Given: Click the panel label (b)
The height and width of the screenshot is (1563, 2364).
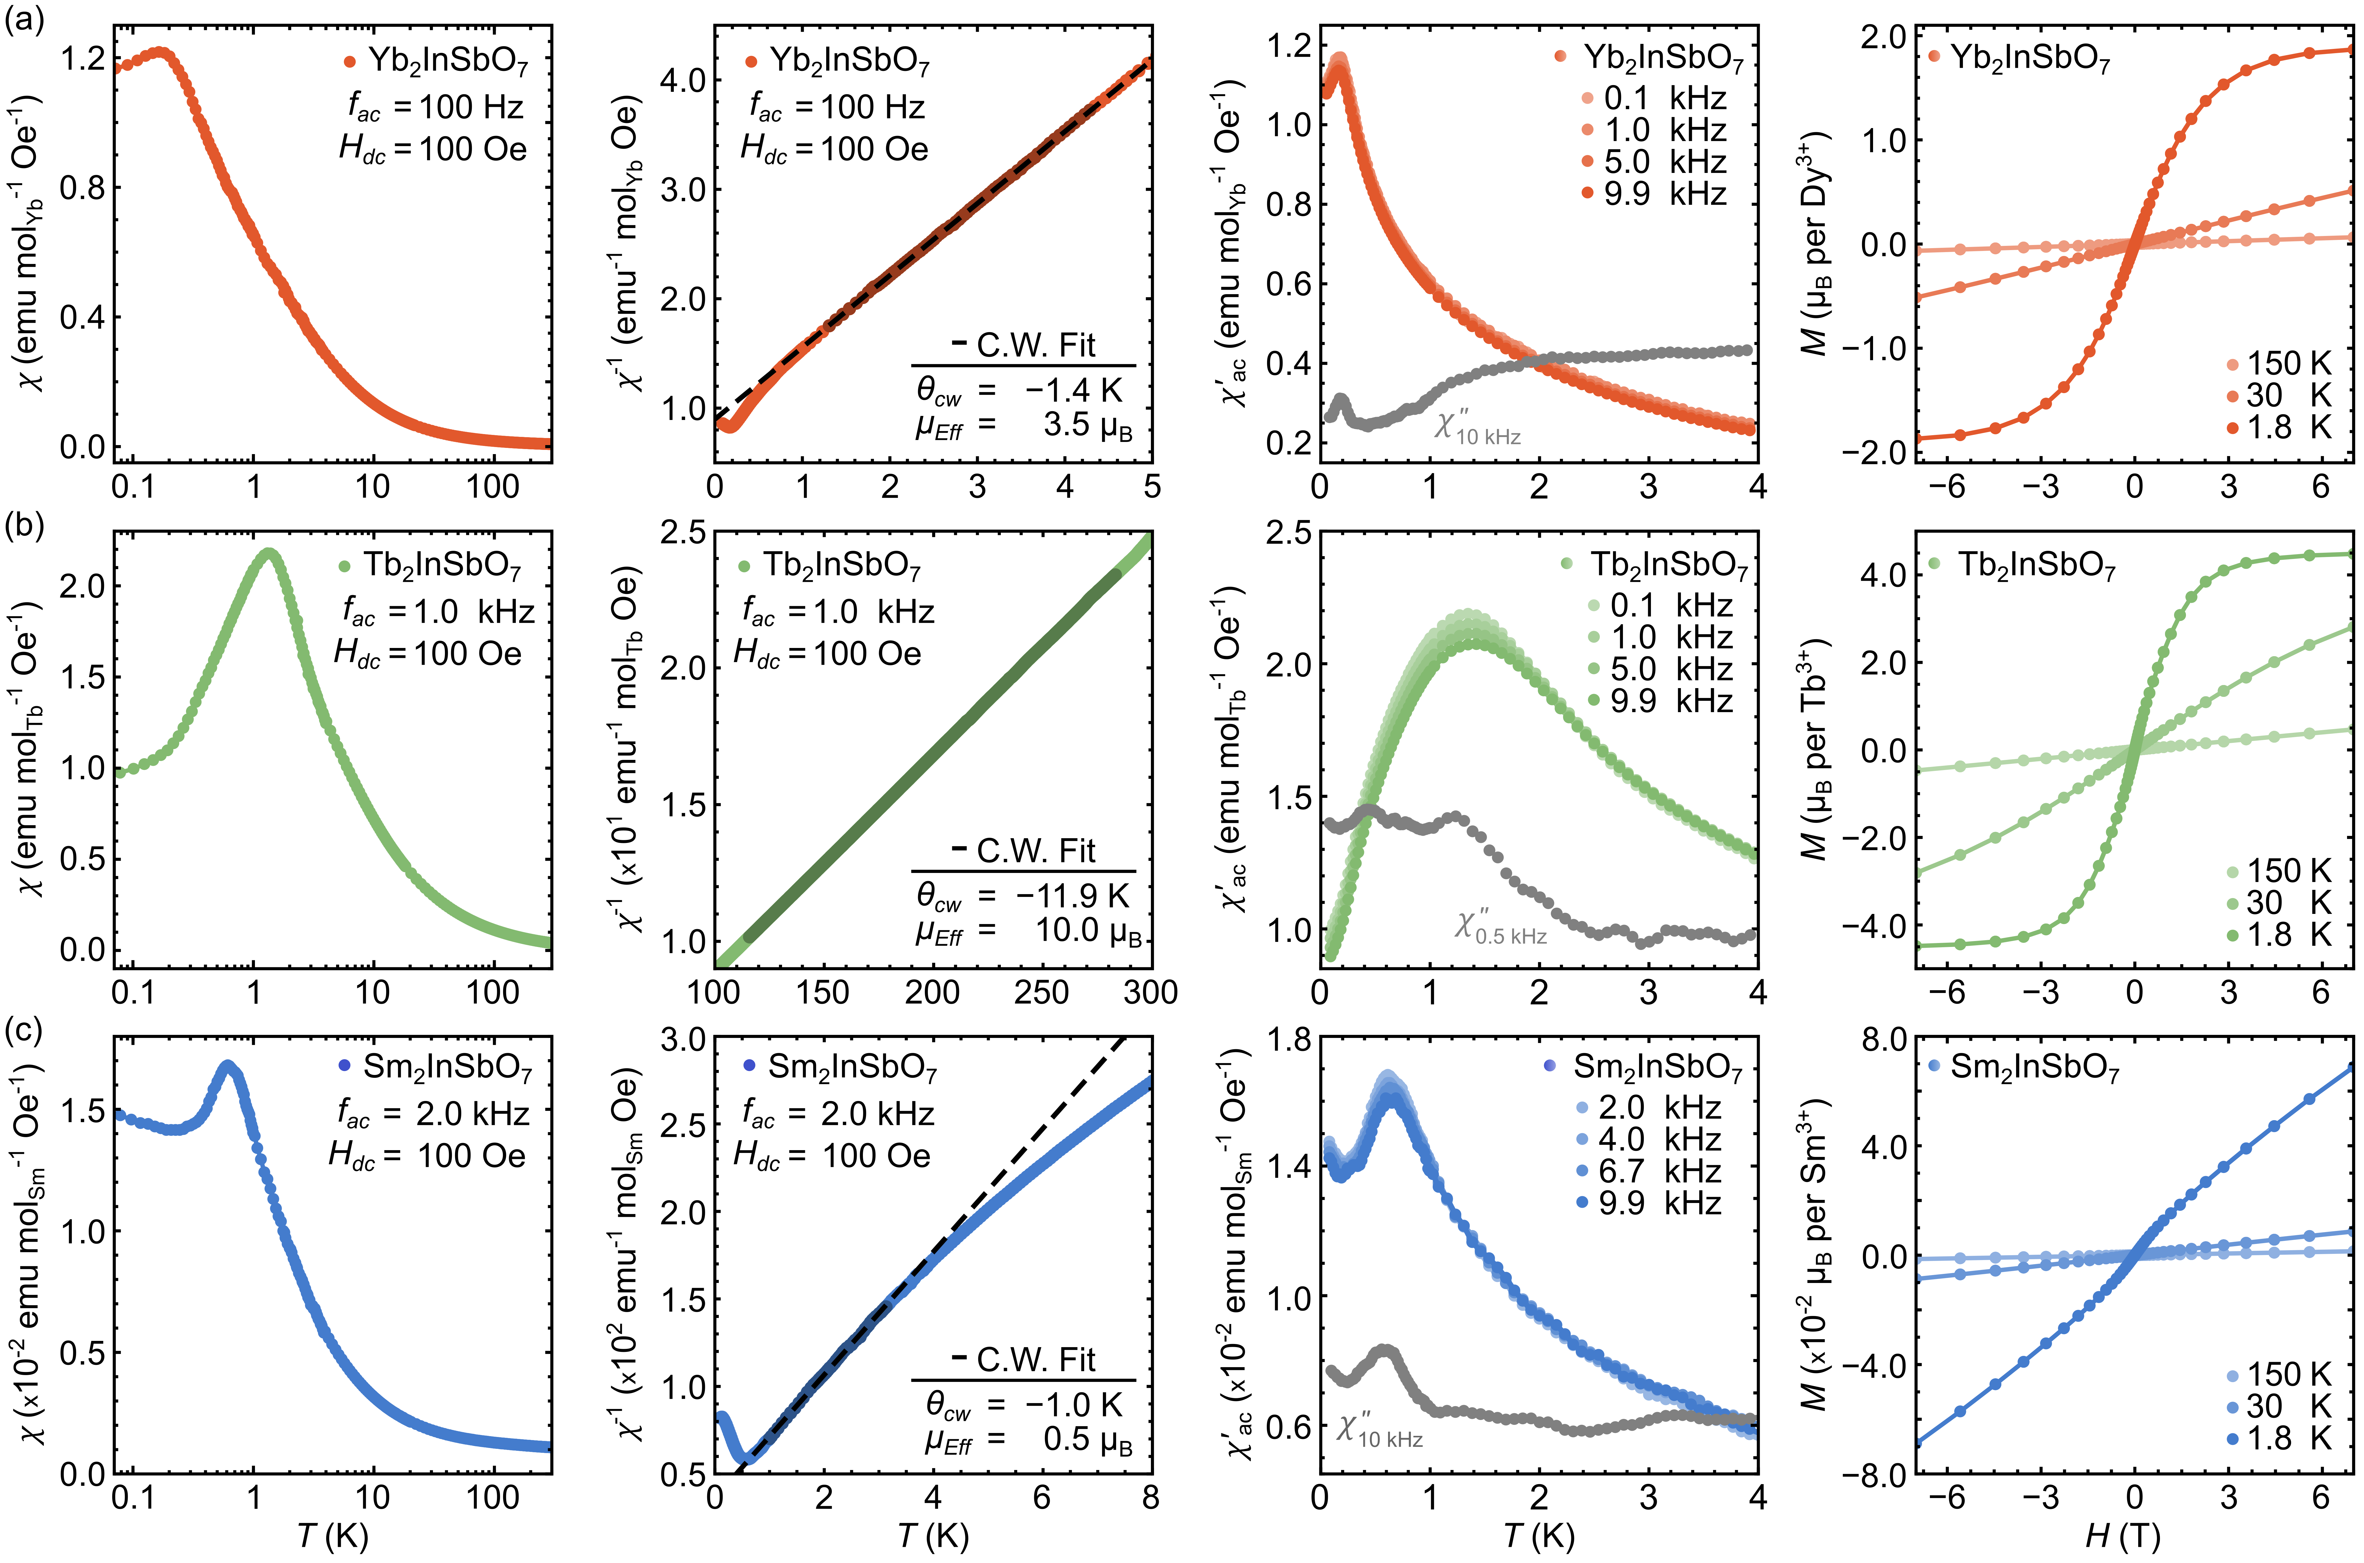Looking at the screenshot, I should [25, 525].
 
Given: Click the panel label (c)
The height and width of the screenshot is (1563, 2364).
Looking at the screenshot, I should [25, 1030].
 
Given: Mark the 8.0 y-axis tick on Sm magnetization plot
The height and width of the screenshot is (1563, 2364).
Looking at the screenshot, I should [1884, 1040].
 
